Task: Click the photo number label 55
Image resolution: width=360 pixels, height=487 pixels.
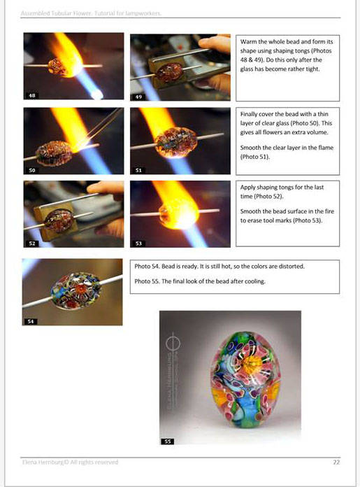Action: click(x=167, y=442)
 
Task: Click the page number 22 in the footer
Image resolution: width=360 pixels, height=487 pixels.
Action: click(x=337, y=462)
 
